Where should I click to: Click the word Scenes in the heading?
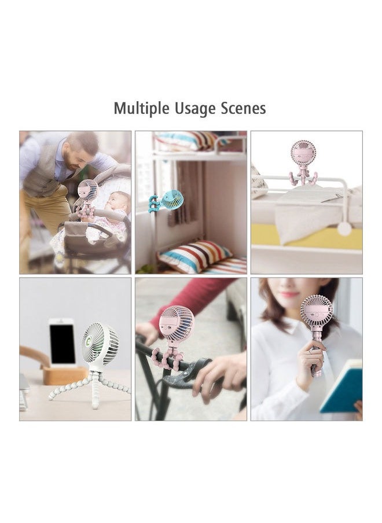243,108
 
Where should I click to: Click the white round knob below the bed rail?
345,229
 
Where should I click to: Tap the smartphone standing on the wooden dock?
62,341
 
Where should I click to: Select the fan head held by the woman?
316,311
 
